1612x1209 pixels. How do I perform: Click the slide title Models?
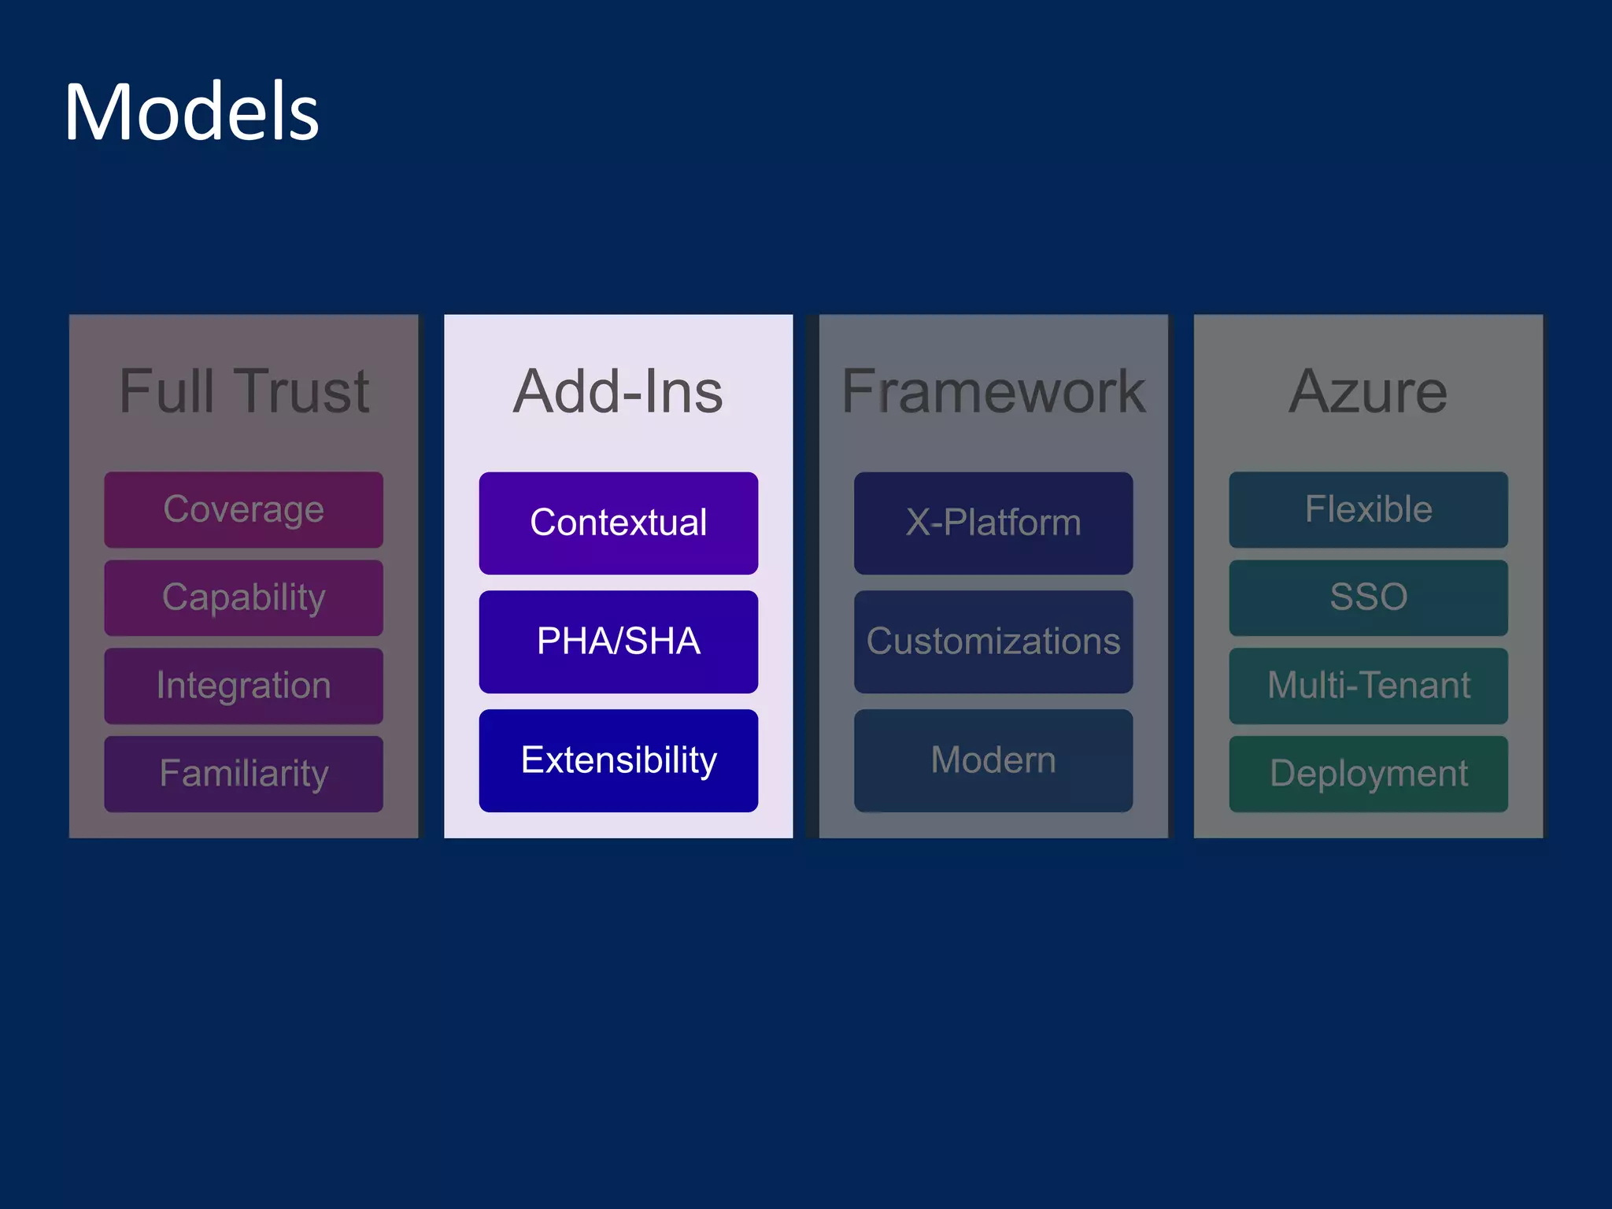click(191, 113)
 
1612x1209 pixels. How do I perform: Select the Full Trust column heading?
click(243, 391)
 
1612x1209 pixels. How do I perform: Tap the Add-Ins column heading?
click(618, 391)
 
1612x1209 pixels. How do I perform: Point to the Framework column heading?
click(993, 391)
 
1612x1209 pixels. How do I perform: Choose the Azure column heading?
click(1368, 391)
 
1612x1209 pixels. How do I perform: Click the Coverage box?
click(243, 509)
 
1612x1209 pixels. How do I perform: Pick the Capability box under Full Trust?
click(243, 597)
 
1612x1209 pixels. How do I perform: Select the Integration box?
click(243, 686)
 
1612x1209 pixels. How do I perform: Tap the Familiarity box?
click(243, 774)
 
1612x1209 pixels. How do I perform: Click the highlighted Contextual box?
click(618, 523)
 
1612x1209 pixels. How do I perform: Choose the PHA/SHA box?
click(618, 641)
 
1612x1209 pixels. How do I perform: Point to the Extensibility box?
click(618, 760)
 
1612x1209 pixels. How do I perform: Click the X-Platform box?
click(993, 523)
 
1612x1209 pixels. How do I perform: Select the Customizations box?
click(993, 641)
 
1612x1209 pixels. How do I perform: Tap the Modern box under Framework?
click(993, 760)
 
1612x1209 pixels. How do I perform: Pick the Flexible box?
click(1368, 509)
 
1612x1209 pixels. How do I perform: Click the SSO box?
click(1368, 597)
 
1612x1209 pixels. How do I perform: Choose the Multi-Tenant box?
click(1368, 686)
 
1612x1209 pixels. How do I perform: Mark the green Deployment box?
click(1368, 774)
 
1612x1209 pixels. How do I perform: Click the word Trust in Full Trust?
click(303, 391)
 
